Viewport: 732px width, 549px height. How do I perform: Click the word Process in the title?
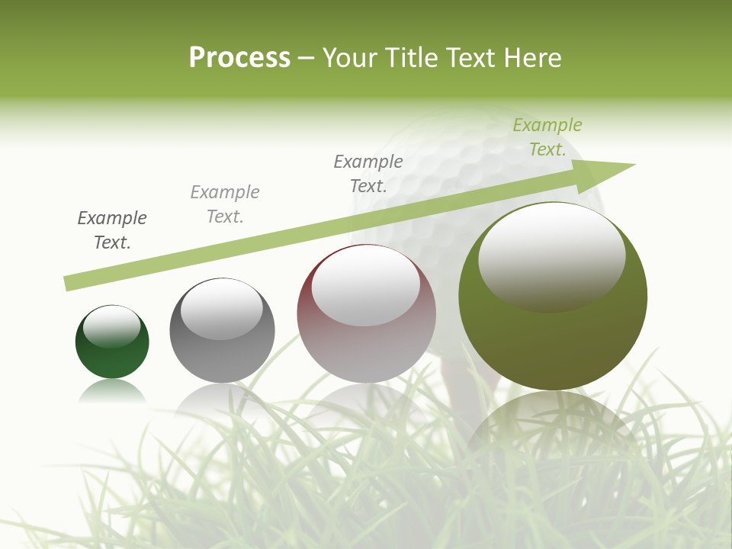(x=239, y=58)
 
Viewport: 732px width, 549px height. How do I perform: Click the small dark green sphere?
(x=112, y=355)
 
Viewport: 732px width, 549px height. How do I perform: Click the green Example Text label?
(x=547, y=137)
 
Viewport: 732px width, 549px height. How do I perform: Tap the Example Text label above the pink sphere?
(x=368, y=173)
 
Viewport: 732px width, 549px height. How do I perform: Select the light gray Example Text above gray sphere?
(x=225, y=204)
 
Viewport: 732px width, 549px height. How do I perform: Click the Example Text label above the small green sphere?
(x=112, y=230)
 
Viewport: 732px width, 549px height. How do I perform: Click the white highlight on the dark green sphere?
(x=111, y=326)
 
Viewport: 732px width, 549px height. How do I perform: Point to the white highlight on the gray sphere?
(x=221, y=309)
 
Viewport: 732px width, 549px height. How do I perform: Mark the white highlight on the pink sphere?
(x=366, y=286)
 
